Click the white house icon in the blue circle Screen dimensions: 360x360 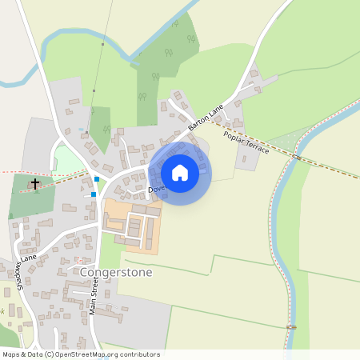coord(180,173)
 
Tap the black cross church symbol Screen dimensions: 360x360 coord(34,185)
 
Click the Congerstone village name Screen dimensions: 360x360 coord(117,272)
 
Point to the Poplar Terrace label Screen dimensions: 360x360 coord(247,143)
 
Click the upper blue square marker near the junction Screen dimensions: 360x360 coord(97,179)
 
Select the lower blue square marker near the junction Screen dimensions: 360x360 coord(94,194)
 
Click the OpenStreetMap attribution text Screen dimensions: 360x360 coord(80,354)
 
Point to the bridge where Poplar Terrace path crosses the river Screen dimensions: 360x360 coord(297,156)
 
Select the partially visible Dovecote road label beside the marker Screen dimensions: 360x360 coord(156,189)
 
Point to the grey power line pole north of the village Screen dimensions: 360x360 coord(102,43)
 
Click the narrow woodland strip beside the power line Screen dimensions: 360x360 coord(101,128)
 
